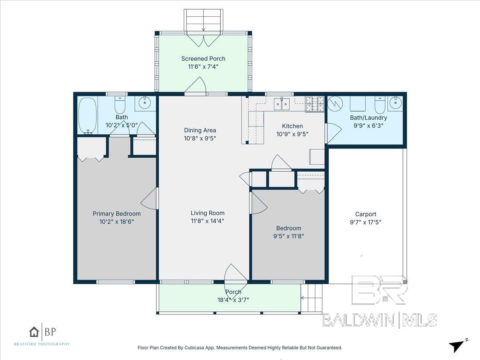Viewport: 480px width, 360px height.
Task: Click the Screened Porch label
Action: (x=203, y=58)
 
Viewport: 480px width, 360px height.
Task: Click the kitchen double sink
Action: (x=283, y=104)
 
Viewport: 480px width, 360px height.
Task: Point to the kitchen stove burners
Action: (x=314, y=104)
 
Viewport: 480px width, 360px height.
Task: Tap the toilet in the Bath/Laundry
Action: (x=379, y=105)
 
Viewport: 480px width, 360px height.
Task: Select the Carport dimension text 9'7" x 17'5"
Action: (x=366, y=222)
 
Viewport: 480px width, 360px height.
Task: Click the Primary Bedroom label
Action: (x=116, y=214)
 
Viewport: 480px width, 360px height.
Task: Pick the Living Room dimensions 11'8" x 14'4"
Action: (x=207, y=220)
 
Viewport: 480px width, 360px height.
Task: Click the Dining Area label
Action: (x=200, y=130)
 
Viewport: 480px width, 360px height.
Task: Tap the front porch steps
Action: (x=312, y=298)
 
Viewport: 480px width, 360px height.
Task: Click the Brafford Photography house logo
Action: (x=34, y=332)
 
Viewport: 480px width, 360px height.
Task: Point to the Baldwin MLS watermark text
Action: (x=379, y=320)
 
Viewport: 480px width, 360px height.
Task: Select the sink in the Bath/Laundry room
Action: (x=395, y=103)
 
